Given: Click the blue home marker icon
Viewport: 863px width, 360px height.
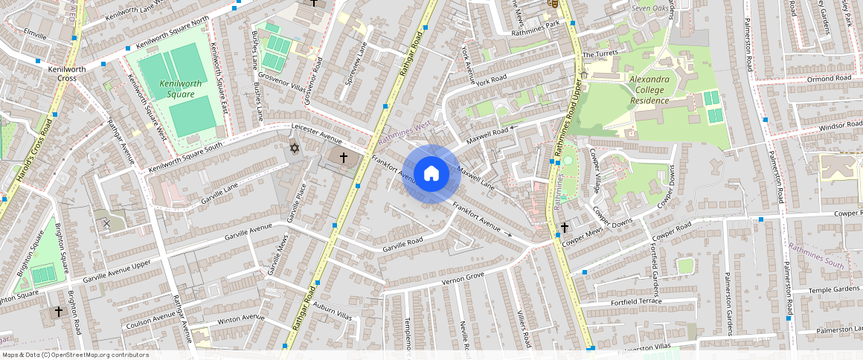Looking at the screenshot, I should point(431,174).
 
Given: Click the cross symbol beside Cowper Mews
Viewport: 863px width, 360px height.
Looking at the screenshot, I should point(565,227).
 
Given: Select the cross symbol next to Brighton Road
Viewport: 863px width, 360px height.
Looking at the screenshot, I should point(58,312).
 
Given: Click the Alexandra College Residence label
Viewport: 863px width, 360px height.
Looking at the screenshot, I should point(650,89).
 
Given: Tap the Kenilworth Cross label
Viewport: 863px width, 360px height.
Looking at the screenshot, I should point(67,74).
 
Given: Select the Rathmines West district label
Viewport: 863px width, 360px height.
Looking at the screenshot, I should point(405,132).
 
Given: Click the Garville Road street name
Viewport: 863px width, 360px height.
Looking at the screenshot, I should point(402,243).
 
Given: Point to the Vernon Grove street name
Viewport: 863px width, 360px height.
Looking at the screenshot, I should point(463,279).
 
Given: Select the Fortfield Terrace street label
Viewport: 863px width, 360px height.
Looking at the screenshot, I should point(615,301).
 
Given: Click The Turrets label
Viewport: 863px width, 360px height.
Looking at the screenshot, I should point(600,55).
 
